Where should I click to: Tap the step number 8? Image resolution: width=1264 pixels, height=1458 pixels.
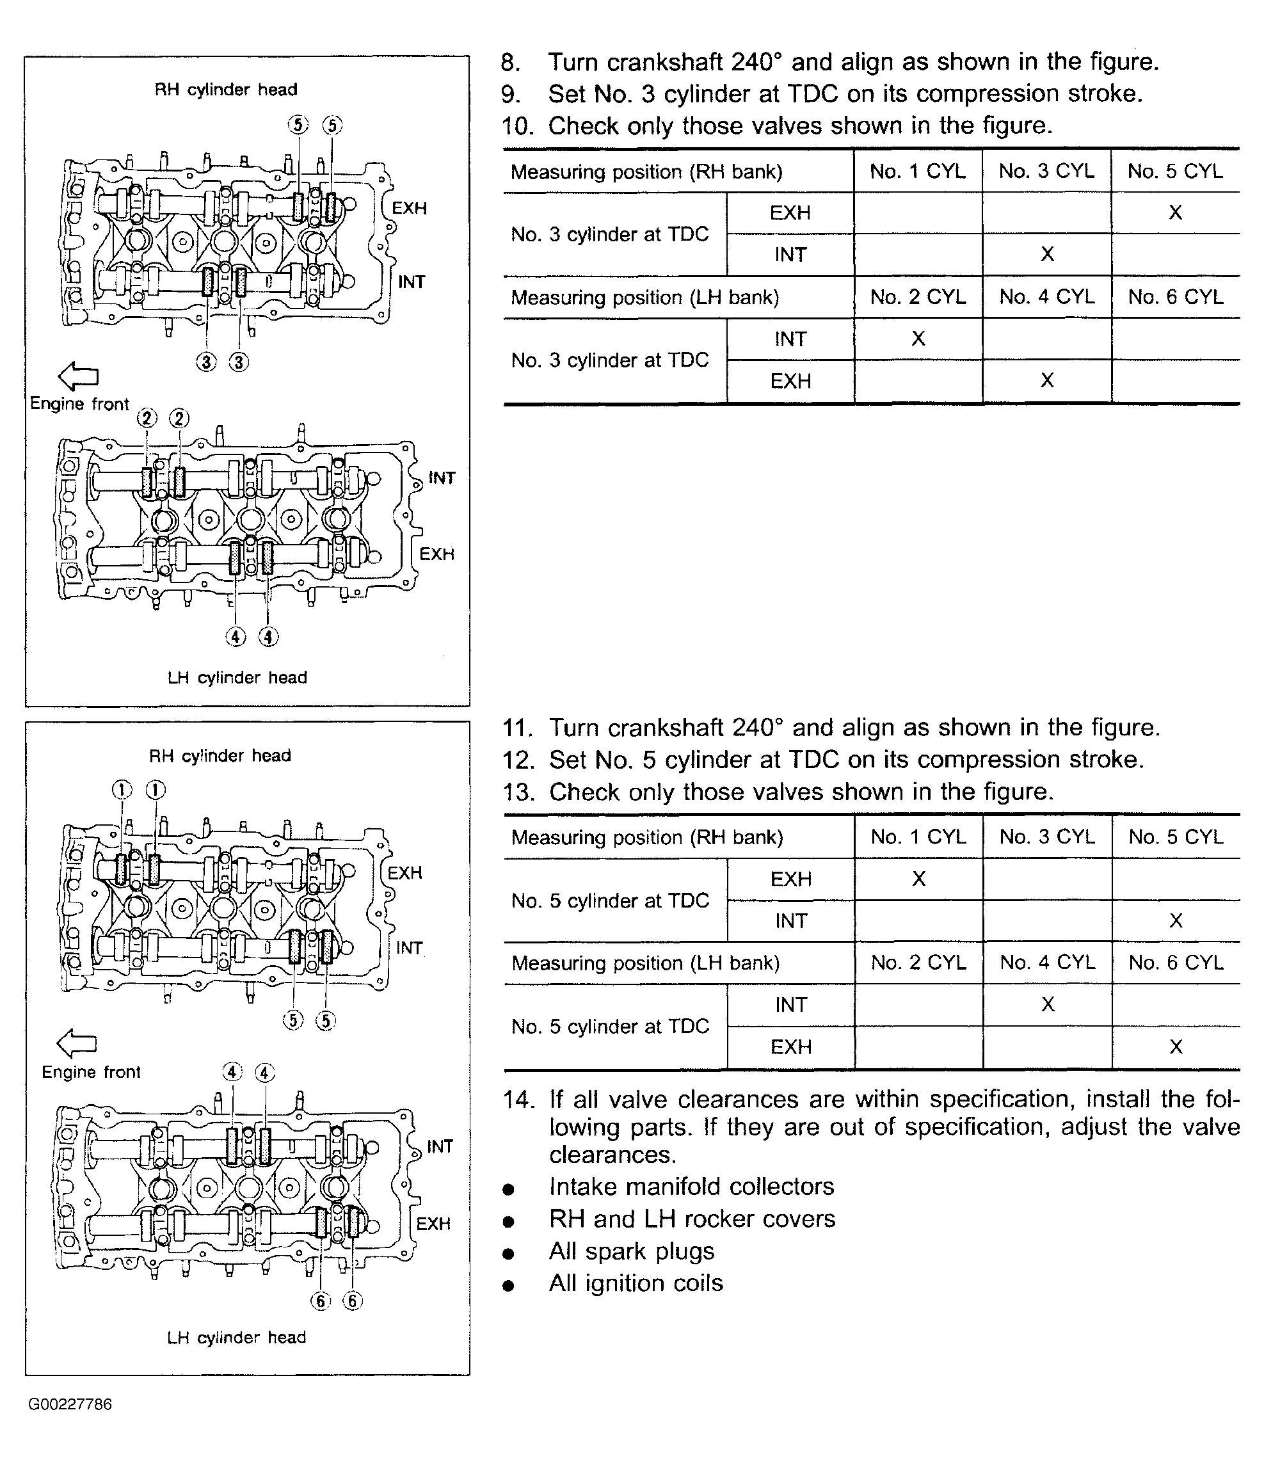[x=511, y=63]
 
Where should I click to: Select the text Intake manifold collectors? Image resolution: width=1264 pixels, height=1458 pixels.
[x=691, y=1187]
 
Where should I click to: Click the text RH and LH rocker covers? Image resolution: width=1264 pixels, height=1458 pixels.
[x=692, y=1219]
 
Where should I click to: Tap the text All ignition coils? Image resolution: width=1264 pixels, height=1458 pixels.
[x=636, y=1283]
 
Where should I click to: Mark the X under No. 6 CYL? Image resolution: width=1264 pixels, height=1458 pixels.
[x=1175, y=1046]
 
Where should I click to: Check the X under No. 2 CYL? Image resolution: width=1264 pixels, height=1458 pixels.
[x=918, y=339]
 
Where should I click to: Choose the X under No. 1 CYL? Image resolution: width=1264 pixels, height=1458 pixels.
[x=918, y=879]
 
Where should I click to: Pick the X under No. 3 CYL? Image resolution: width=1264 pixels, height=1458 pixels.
[x=1047, y=254]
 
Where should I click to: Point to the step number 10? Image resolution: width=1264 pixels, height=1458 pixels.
[x=517, y=126]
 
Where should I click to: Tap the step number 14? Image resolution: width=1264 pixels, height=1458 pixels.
[x=518, y=1100]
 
